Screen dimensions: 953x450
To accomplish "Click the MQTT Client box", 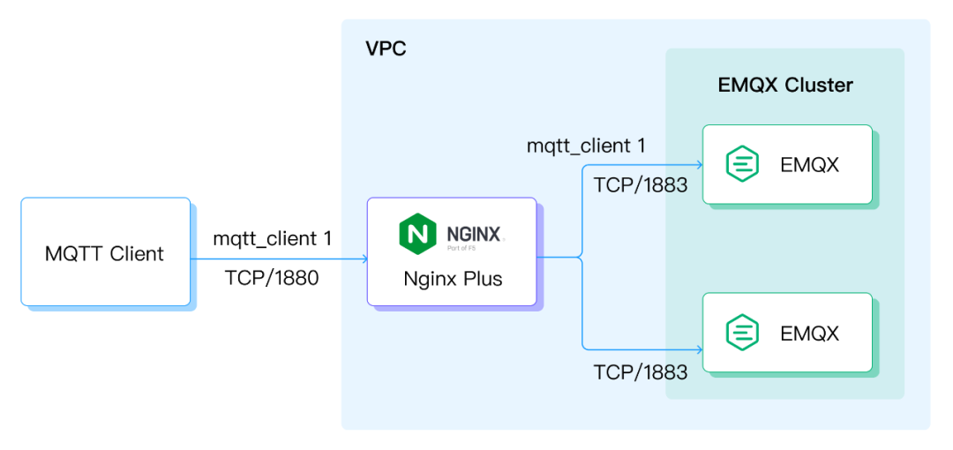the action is point(106,251).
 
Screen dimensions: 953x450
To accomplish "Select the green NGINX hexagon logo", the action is point(418,234).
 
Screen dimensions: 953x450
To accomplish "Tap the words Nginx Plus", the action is point(453,280).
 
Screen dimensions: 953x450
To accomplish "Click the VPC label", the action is point(386,49).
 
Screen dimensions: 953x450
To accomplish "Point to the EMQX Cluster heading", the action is point(785,86).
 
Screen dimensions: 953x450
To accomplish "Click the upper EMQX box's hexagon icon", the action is point(743,164).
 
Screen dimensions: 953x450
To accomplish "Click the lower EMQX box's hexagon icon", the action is point(743,332).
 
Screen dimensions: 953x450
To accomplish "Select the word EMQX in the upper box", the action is point(809,165).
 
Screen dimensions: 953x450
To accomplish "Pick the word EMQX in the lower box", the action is point(809,333).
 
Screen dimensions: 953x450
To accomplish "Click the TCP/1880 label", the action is point(272,279).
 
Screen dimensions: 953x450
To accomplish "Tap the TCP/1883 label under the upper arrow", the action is point(641,185).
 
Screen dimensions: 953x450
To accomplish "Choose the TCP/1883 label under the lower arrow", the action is point(641,371).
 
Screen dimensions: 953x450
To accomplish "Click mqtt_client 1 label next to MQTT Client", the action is point(273,239).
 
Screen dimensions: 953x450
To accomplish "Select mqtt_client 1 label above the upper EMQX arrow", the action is point(586,146).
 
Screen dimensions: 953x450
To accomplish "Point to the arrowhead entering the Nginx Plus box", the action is point(364,259).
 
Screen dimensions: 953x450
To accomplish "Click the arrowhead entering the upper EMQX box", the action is point(700,165).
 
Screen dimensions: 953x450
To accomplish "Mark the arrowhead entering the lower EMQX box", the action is point(700,349).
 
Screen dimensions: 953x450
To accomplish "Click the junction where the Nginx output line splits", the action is point(582,258).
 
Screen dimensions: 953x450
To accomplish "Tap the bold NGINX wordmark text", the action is point(474,234).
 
